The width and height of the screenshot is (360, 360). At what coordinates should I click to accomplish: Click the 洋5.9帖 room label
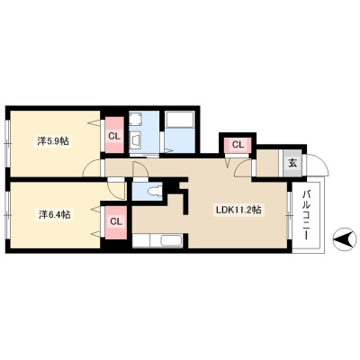53,140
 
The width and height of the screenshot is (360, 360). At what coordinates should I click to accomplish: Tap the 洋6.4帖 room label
54,214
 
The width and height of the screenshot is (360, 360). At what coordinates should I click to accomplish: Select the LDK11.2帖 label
238,210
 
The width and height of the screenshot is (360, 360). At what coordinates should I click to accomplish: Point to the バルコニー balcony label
307,214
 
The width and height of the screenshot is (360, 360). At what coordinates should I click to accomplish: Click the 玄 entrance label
292,164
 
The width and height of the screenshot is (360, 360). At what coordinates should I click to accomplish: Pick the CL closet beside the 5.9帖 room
114,135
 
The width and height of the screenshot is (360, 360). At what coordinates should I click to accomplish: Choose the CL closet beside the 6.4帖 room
116,222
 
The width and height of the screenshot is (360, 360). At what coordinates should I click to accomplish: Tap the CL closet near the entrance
238,146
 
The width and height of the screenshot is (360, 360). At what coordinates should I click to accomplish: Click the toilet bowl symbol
156,191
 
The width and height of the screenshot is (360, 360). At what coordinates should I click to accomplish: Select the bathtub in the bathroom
179,120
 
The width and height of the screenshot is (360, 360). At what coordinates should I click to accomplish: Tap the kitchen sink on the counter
171,240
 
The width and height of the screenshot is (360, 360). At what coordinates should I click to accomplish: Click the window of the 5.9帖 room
8,143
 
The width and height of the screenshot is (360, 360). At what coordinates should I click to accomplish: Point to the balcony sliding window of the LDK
289,215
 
